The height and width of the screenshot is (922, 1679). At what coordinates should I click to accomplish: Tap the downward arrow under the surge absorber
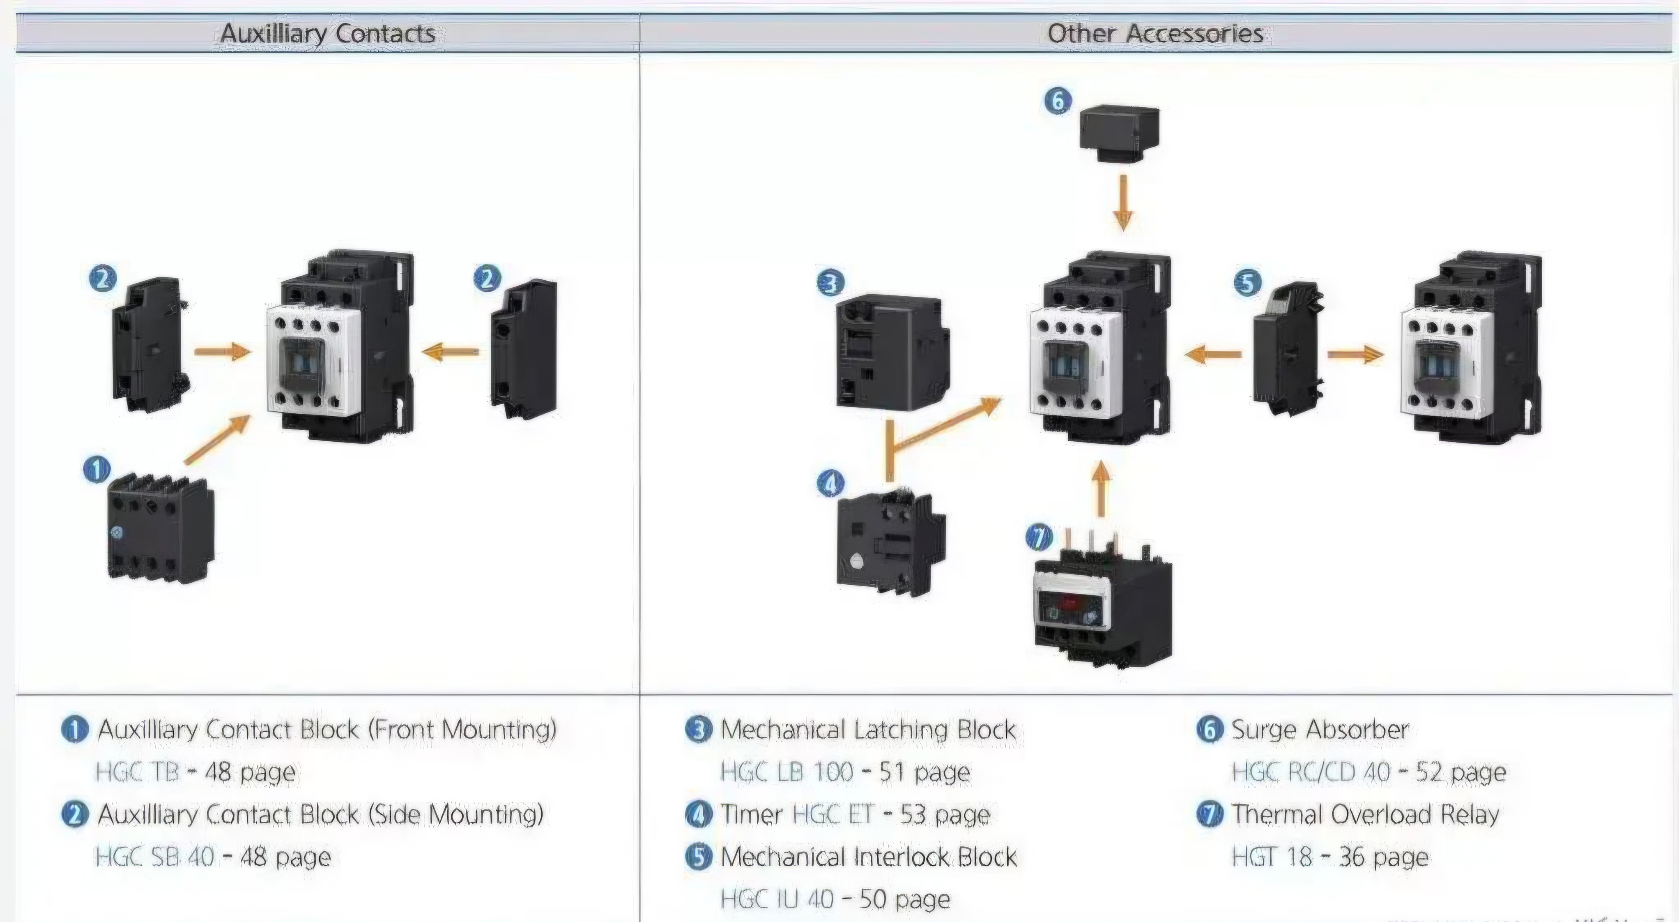(x=1123, y=202)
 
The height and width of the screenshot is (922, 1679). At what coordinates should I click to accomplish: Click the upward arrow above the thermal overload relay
(x=1101, y=489)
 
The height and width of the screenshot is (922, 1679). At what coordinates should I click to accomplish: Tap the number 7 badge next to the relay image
(x=1039, y=537)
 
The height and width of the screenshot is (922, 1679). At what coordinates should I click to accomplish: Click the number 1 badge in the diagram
(x=97, y=470)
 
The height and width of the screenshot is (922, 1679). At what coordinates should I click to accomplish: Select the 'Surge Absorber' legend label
(x=1320, y=730)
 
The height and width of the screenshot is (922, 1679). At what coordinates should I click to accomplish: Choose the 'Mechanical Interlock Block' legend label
(x=868, y=857)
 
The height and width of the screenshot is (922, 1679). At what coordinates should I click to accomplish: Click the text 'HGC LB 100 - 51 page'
(x=845, y=772)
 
